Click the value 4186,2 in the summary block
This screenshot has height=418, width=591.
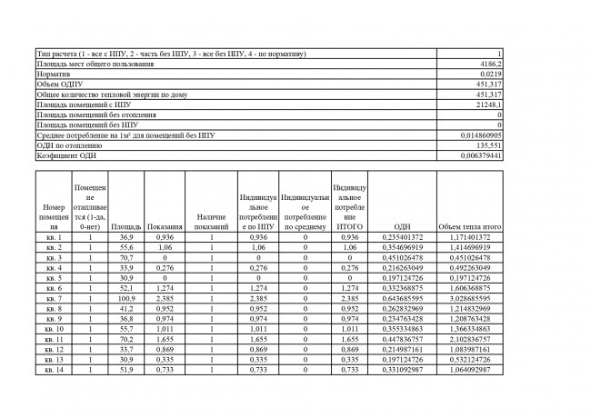click(x=491, y=65)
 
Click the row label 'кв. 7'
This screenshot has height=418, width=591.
click(x=54, y=297)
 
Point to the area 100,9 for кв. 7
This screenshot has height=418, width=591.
click(x=125, y=297)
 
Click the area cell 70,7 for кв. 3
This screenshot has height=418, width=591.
click(x=125, y=257)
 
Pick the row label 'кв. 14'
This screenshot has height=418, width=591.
click(x=54, y=369)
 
